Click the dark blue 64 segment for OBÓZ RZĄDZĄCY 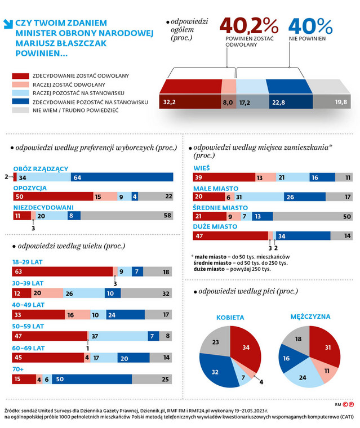(x=121, y=177)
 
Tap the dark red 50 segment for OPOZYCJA (x=52, y=197)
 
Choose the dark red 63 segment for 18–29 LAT (x=62, y=272)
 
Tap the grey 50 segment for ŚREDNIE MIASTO (x=312, y=216)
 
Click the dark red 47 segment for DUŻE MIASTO (x=230, y=235)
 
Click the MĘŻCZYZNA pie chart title (x=310, y=316)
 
